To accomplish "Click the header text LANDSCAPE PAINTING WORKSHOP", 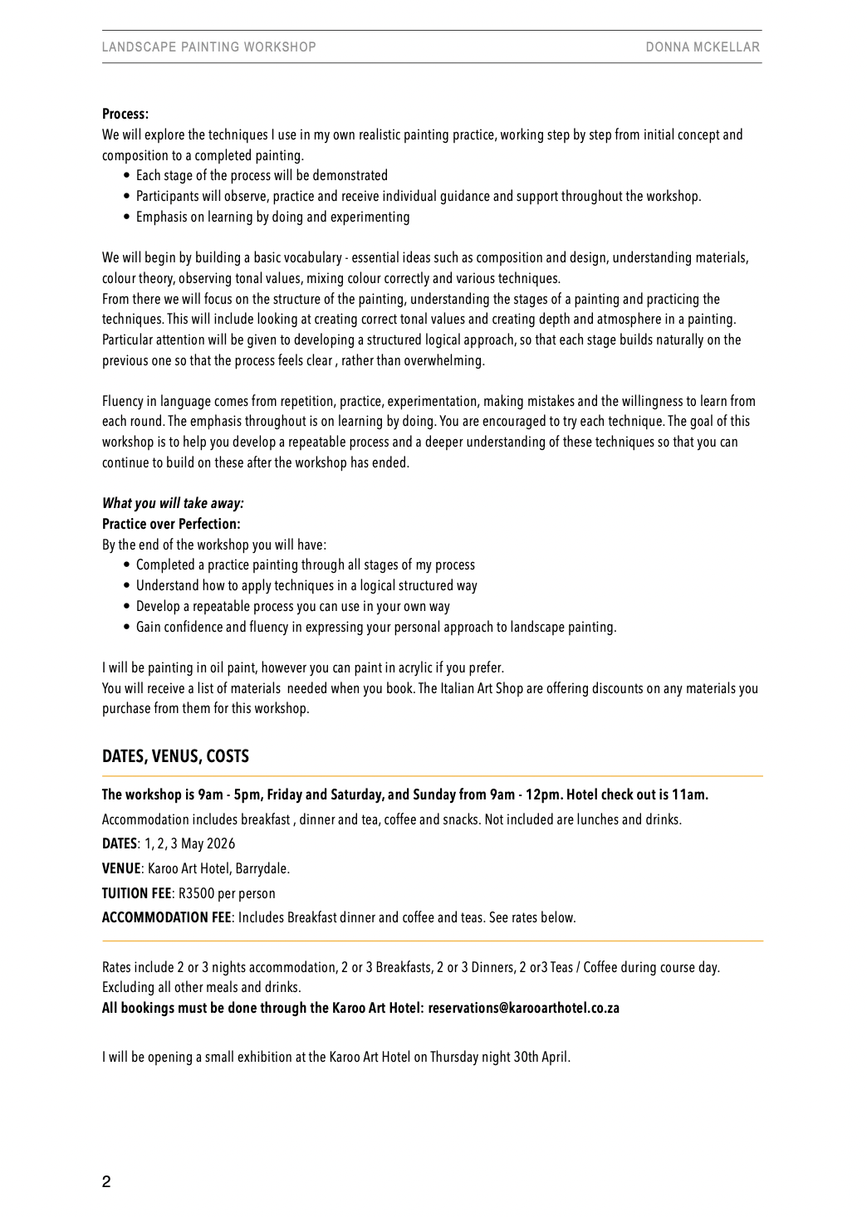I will pos(208,47).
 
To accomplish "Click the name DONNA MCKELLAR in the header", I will pos(703,47).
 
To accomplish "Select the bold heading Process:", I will pos(125,115).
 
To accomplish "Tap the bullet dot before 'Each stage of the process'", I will pos(126,176).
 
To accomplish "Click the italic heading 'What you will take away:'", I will pos(173,503).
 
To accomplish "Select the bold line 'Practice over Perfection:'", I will pos(171,524).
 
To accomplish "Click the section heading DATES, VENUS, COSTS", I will pos(175,756).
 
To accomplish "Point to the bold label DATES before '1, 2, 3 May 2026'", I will pos(119,844).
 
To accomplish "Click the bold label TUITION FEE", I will pos(136,893).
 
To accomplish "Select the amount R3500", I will pos(196,894).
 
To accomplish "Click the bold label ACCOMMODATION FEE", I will pos(166,918).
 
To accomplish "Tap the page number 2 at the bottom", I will pos(106,1182).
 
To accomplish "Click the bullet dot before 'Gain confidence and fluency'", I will pos(126,628).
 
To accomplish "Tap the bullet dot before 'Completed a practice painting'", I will pos(126,565).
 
